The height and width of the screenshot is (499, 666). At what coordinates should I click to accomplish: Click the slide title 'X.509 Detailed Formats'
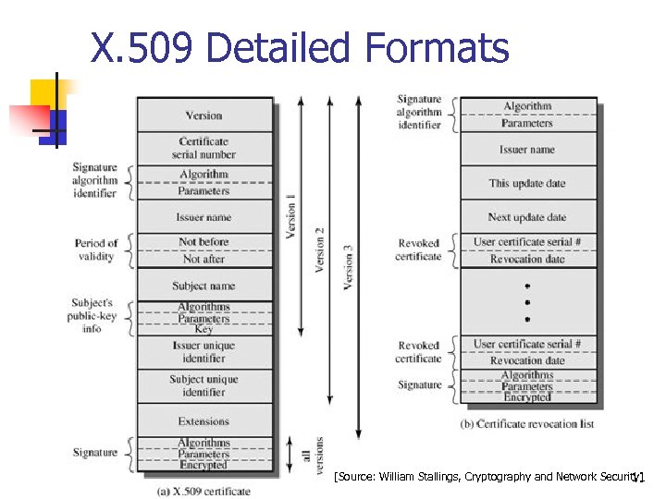(x=299, y=48)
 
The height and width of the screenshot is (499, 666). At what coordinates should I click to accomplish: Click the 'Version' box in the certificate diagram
(x=203, y=116)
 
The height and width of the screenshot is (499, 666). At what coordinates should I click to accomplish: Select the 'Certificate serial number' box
(x=203, y=148)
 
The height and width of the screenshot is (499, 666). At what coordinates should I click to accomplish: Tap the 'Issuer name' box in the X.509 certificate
(x=203, y=217)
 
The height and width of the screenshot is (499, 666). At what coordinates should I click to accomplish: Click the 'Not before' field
(x=203, y=242)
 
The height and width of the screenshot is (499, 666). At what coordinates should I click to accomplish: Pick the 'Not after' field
(x=203, y=260)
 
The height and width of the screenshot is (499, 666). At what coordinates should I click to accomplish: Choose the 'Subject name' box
(x=203, y=286)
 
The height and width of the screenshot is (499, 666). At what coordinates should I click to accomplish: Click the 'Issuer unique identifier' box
(x=203, y=352)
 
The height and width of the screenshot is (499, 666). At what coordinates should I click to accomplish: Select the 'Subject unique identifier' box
(x=203, y=385)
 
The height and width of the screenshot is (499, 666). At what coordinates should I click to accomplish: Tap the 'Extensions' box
(x=203, y=421)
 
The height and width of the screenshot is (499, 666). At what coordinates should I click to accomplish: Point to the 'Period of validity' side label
(x=96, y=249)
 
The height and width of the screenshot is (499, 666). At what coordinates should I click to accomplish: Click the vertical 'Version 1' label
(x=292, y=216)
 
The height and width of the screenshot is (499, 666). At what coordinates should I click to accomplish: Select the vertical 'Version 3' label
(x=348, y=266)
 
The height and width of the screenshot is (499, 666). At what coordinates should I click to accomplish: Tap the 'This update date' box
(x=527, y=183)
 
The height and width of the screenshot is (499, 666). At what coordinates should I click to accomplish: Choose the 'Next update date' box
(x=527, y=217)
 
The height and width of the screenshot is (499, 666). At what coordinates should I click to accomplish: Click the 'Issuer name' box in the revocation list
(x=527, y=149)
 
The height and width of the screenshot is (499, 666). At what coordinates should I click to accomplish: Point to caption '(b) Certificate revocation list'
(x=527, y=424)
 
